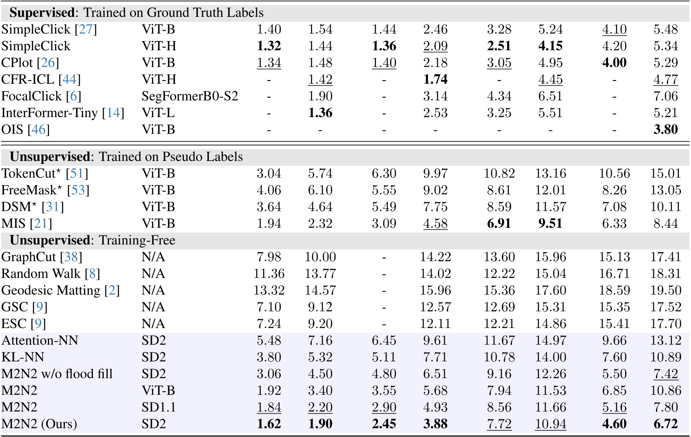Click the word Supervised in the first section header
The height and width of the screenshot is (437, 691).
pos(42,13)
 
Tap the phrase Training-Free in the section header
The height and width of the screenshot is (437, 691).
pos(137,240)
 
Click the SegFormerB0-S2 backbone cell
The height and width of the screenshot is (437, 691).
pos(190,96)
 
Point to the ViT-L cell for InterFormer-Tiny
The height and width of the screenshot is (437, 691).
pos(158,113)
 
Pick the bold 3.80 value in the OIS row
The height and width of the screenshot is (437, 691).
pos(666,130)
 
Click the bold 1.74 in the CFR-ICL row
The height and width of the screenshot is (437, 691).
pos(435,79)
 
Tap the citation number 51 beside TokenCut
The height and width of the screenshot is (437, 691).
pos(76,173)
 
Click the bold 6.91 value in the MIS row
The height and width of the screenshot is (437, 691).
pos(499,223)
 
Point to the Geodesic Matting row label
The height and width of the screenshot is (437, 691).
pos(51,291)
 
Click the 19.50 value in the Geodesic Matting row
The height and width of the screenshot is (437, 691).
pos(666,291)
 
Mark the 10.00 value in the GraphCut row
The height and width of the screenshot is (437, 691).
pos(320,257)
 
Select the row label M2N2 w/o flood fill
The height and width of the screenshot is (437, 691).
pos(57,374)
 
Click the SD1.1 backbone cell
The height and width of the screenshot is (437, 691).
pos(158,407)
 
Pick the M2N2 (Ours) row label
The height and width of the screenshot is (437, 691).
pos(39,424)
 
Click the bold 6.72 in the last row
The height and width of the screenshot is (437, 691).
pos(666,424)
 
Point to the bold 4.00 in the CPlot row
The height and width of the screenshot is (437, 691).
pos(614,63)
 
